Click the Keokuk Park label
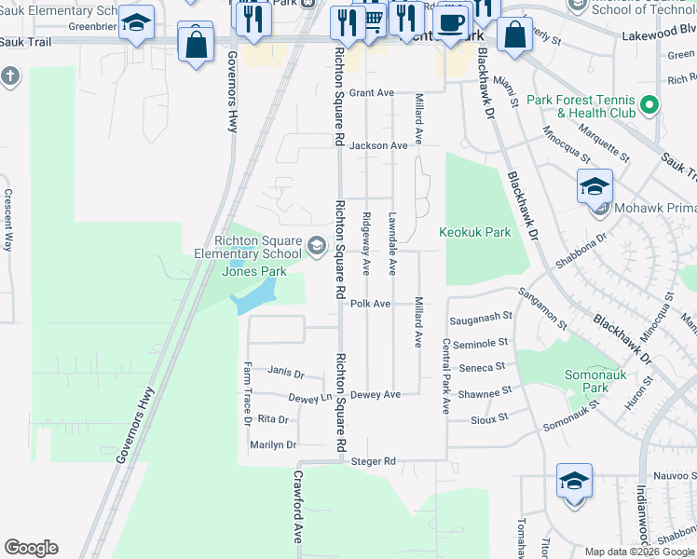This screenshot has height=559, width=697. [475, 232]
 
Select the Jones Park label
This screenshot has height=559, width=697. [253, 272]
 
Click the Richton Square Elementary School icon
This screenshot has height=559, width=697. [316, 246]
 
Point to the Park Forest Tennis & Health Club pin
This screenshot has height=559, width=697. [650, 105]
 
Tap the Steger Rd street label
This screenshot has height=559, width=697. [374, 461]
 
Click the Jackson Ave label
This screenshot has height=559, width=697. [379, 145]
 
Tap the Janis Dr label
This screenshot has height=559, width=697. [286, 372]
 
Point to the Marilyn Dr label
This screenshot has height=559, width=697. [272, 445]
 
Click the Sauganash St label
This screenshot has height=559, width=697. [482, 318]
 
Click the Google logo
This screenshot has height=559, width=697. [31, 548]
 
